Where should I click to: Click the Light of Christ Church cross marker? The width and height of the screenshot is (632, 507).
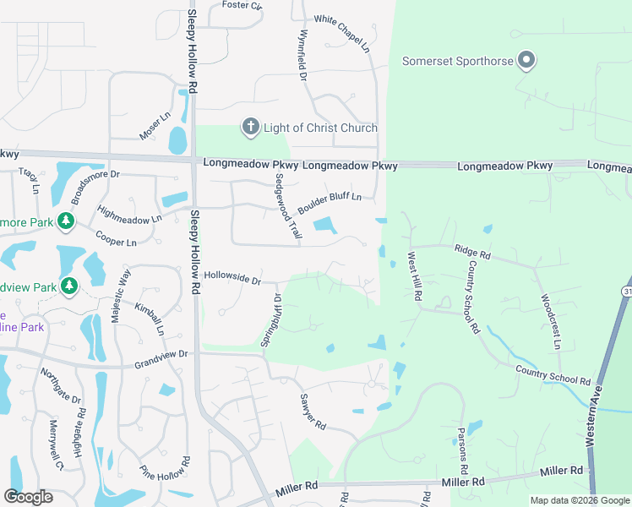[250, 128]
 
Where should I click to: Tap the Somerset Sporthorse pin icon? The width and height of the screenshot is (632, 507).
[526, 60]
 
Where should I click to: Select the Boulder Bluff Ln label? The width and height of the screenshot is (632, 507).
[330, 204]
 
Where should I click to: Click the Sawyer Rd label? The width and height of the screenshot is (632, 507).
[312, 412]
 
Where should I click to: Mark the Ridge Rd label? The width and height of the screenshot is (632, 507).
[472, 251]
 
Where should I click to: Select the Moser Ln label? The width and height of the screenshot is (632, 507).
[155, 125]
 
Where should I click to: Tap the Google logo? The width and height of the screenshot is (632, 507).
[28, 496]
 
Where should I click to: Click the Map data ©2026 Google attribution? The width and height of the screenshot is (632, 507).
[580, 500]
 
